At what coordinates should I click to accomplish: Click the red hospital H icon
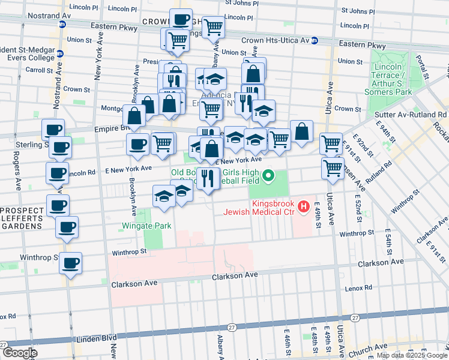304,207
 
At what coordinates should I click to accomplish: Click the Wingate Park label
146,226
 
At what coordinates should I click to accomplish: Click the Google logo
19,353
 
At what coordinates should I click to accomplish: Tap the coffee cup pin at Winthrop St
70,263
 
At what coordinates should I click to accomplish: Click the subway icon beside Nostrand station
62,25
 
